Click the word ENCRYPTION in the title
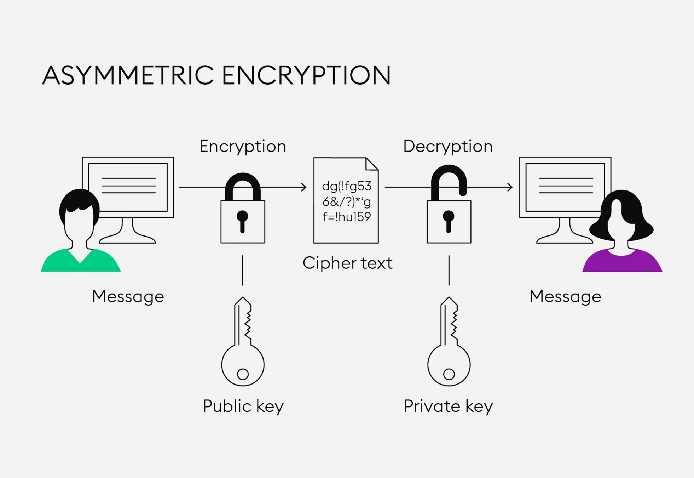(306, 75)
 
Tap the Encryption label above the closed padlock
(243, 147)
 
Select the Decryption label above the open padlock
(448, 147)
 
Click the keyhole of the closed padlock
(242, 220)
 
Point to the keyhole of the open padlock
(449, 220)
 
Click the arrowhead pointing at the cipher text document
(304, 187)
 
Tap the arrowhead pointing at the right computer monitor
(510, 187)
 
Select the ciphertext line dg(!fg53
(347, 187)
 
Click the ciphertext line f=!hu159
(347, 217)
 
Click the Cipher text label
(347, 263)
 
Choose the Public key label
(243, 406)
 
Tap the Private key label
(448, 406)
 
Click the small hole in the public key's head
(243, 374)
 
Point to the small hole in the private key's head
(449, 374)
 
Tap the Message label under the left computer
(128, 296)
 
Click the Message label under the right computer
(565, 296)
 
